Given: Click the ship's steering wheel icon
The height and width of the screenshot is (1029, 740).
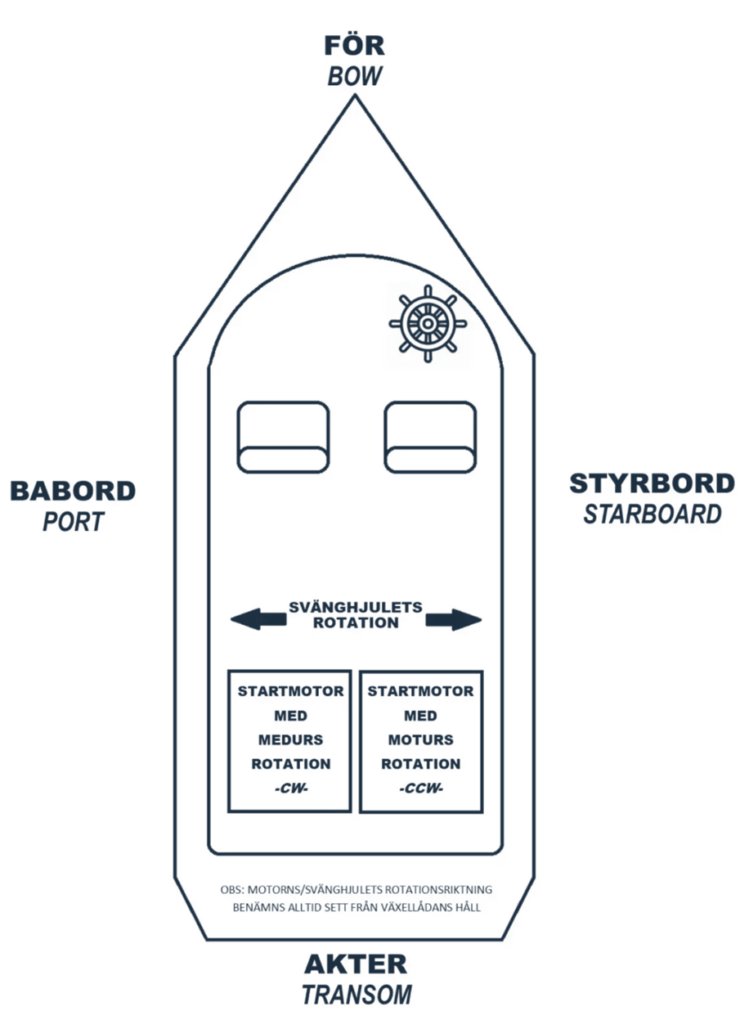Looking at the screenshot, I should tap(428, 322).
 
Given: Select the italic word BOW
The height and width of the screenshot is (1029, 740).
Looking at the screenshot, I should tap(354, 76).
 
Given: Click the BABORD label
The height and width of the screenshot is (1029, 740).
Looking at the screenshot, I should tap(73, 491).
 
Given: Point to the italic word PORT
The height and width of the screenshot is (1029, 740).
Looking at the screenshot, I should tap(73, 521).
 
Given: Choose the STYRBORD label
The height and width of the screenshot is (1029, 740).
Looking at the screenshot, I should tap(652, 483).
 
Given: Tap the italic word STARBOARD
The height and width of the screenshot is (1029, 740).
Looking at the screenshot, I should tap(652, 514).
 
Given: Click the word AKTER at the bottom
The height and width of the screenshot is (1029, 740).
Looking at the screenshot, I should tap(355, 964).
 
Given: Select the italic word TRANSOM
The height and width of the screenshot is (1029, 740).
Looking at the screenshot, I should tap(356, 995).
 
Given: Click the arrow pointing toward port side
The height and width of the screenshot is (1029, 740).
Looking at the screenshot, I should tap(258, 620).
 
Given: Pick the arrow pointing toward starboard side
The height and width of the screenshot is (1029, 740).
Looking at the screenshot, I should tap(454, 620).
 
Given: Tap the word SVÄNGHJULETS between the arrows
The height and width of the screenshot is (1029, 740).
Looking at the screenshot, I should tap(356, 607).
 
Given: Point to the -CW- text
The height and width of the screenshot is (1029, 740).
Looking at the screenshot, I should tap(290, 789).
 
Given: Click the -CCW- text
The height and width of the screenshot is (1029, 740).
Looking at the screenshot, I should tap(420, 789).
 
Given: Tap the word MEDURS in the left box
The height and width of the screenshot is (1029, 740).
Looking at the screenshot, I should tap(290, 739).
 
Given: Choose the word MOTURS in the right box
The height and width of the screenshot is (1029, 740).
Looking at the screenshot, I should tap(420, 739).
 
